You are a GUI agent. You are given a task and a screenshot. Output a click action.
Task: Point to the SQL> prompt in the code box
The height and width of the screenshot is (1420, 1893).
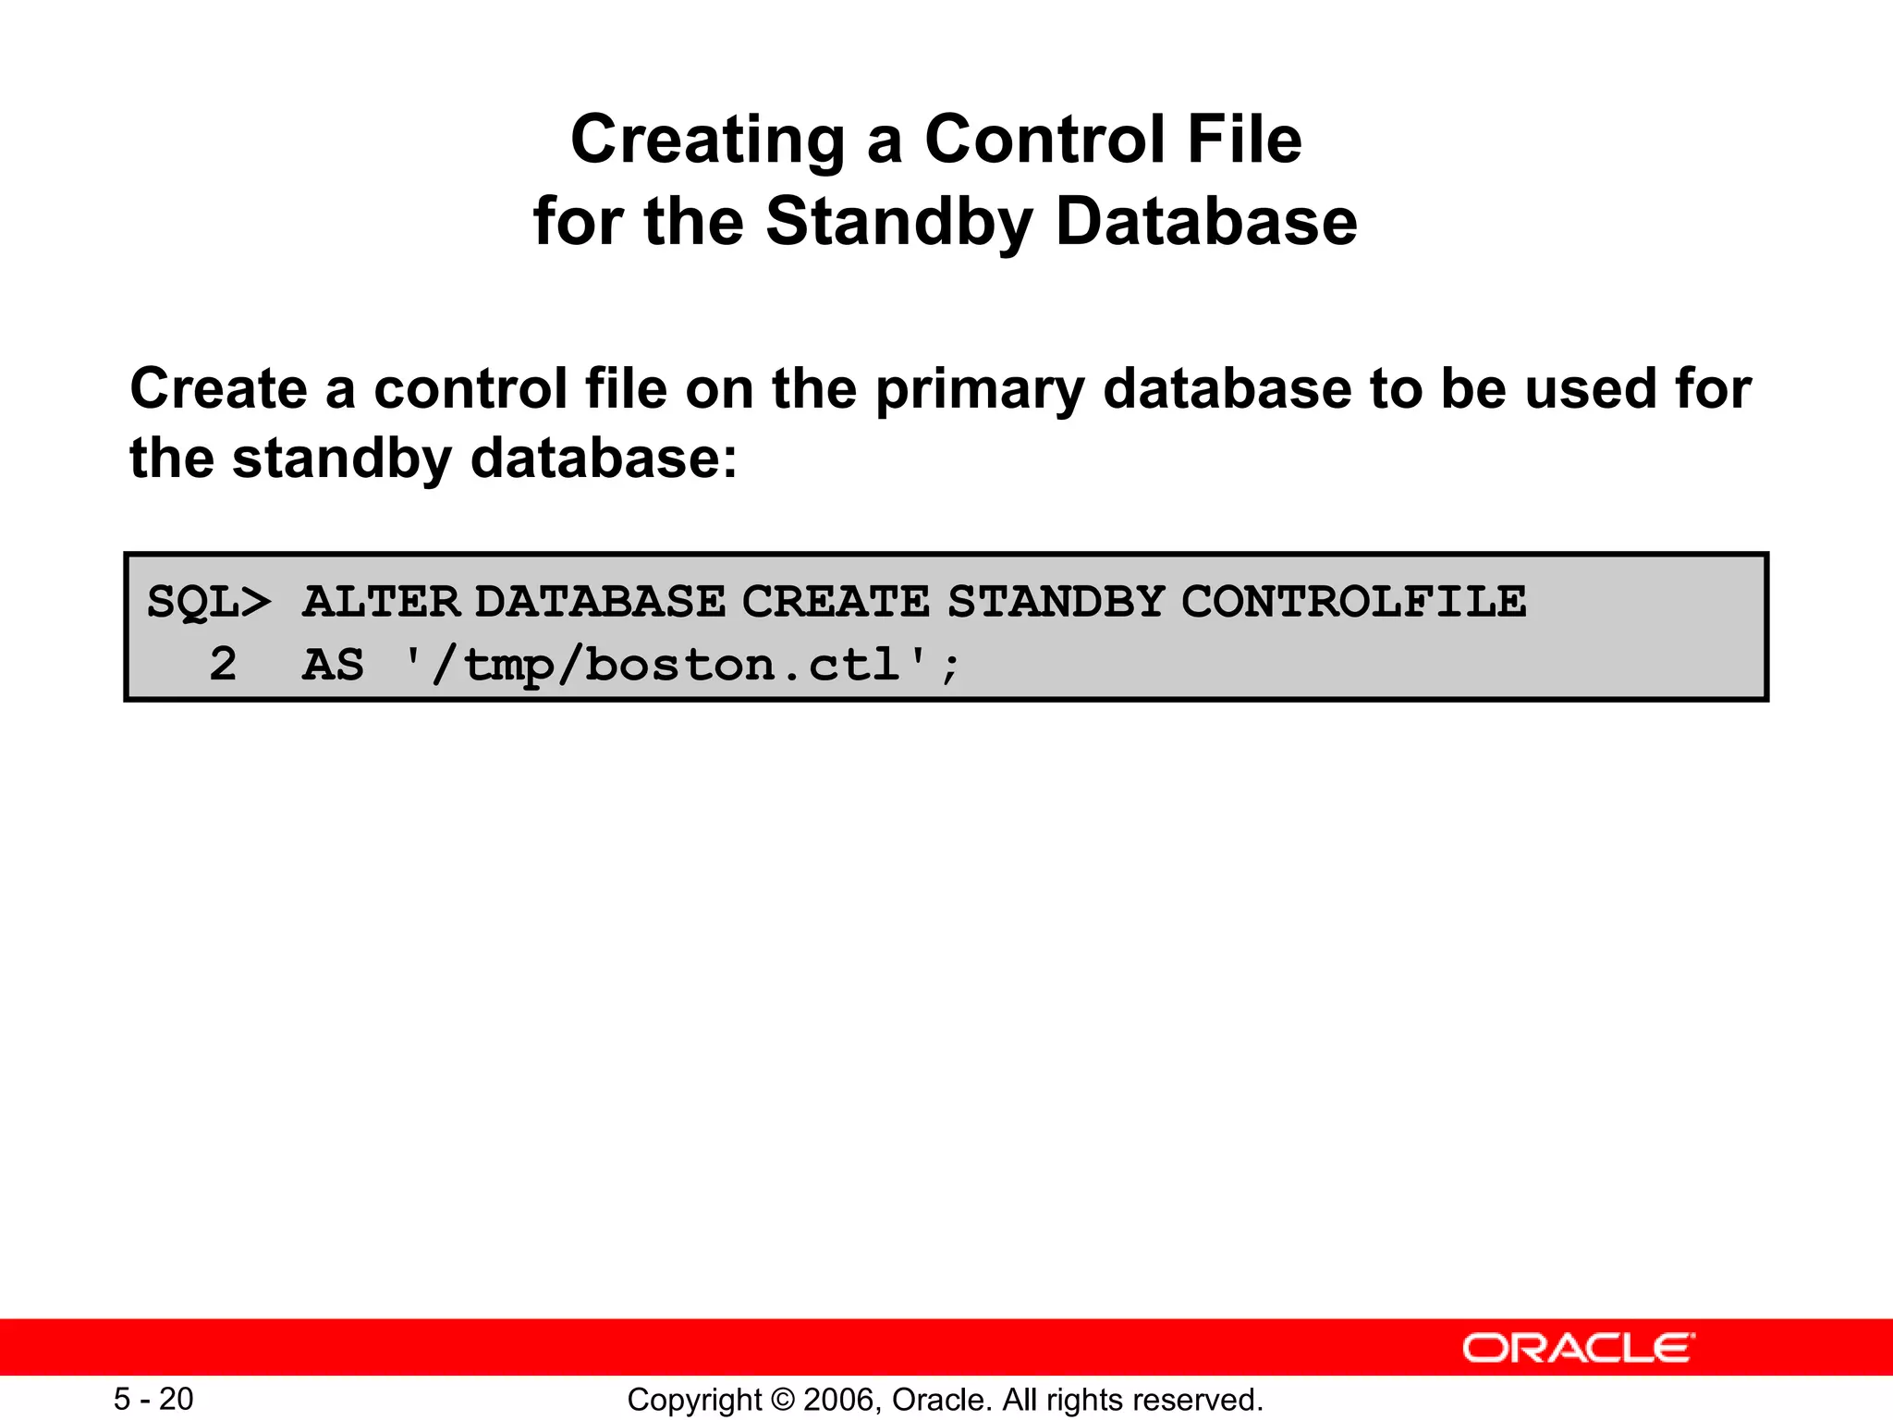[209, 603]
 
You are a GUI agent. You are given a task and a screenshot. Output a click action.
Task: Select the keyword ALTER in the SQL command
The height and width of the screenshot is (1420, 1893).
[381, 603]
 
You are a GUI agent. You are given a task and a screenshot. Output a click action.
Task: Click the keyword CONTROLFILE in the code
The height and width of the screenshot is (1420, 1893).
[1353, 603]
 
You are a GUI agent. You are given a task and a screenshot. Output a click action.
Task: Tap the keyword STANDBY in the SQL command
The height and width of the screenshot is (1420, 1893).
[1056, 603]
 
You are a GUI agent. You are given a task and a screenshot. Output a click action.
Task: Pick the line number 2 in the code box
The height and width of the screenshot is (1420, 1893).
[223, 665]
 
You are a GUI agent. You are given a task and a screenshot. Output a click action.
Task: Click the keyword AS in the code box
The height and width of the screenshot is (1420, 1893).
[333, 665]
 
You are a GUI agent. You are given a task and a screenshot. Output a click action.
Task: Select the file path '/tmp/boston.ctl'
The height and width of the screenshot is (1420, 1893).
[682, 665]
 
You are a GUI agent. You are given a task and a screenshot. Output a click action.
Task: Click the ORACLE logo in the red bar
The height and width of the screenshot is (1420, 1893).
[1578, 1348]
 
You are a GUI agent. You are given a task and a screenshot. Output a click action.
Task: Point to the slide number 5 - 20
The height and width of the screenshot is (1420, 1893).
[153, 1400]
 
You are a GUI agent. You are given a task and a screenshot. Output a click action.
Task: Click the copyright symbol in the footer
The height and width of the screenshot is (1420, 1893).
[782, 1400]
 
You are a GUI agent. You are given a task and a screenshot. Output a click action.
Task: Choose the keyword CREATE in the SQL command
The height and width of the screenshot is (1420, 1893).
[835, 603]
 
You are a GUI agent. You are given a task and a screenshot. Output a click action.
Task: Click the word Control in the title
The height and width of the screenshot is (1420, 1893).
[1044, 141]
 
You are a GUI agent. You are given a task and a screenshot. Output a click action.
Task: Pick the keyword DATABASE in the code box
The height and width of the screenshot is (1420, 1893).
[601, 603]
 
